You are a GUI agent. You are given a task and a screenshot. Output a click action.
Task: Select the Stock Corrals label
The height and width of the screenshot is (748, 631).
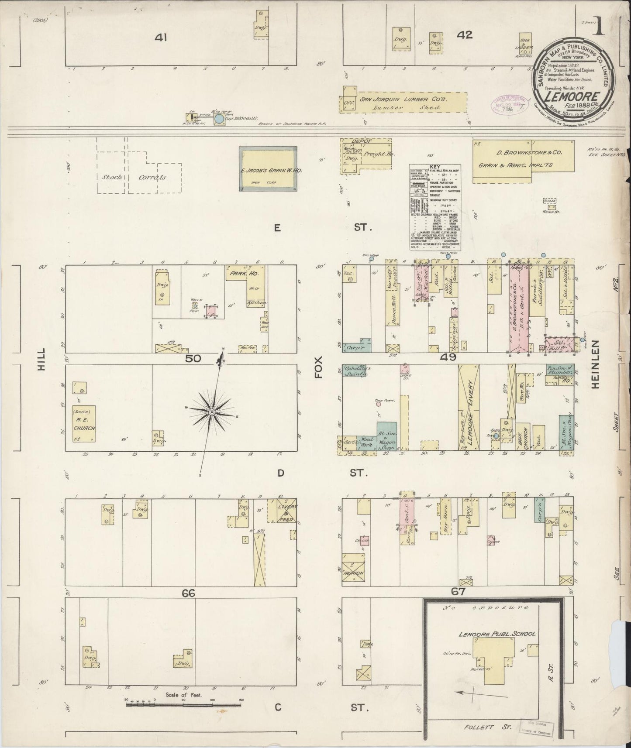[x=135, y=178]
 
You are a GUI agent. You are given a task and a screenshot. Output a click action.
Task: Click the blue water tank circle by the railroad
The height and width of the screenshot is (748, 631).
[x=219, y=118]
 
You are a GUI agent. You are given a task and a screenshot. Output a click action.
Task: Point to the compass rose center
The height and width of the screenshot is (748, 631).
[x=211, y=412]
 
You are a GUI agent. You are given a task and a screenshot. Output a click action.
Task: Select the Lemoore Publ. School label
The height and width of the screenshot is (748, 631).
[x=497, y=634]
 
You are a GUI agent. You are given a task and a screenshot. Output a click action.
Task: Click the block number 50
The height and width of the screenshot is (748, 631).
[x=193, y=358]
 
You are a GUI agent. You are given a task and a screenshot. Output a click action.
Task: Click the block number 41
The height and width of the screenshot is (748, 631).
[x=161, y=38]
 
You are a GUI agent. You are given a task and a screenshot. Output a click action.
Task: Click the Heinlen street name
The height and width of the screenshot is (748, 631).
[x=597, y=365]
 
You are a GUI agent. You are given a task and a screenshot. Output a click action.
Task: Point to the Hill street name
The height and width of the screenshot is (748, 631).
[x=41, y=362]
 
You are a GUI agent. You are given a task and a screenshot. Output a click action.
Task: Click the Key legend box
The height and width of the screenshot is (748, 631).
[x=435, y=207]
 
